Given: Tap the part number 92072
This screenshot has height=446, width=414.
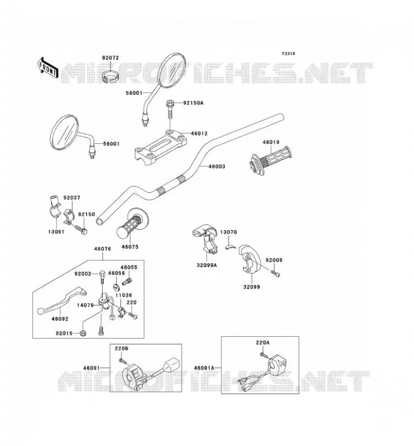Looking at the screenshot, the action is point(110,58).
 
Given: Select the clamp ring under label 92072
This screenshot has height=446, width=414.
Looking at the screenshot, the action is point(111,76).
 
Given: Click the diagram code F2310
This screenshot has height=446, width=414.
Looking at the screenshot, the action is point(288,54).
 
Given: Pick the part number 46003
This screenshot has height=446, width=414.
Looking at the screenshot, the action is point(216,166).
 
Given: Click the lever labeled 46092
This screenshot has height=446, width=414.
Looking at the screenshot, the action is point(62,301).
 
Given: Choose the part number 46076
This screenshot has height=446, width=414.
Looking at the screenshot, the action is point(103,249).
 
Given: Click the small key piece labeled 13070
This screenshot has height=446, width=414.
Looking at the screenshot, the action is point(230,246).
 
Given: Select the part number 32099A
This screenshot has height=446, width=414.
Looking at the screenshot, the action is point(206,265).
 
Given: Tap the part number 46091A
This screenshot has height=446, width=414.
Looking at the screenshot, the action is point(204,368).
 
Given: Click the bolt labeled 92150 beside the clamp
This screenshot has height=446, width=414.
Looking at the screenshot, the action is point(81,230).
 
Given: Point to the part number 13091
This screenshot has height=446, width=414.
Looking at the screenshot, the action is point(56,232).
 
